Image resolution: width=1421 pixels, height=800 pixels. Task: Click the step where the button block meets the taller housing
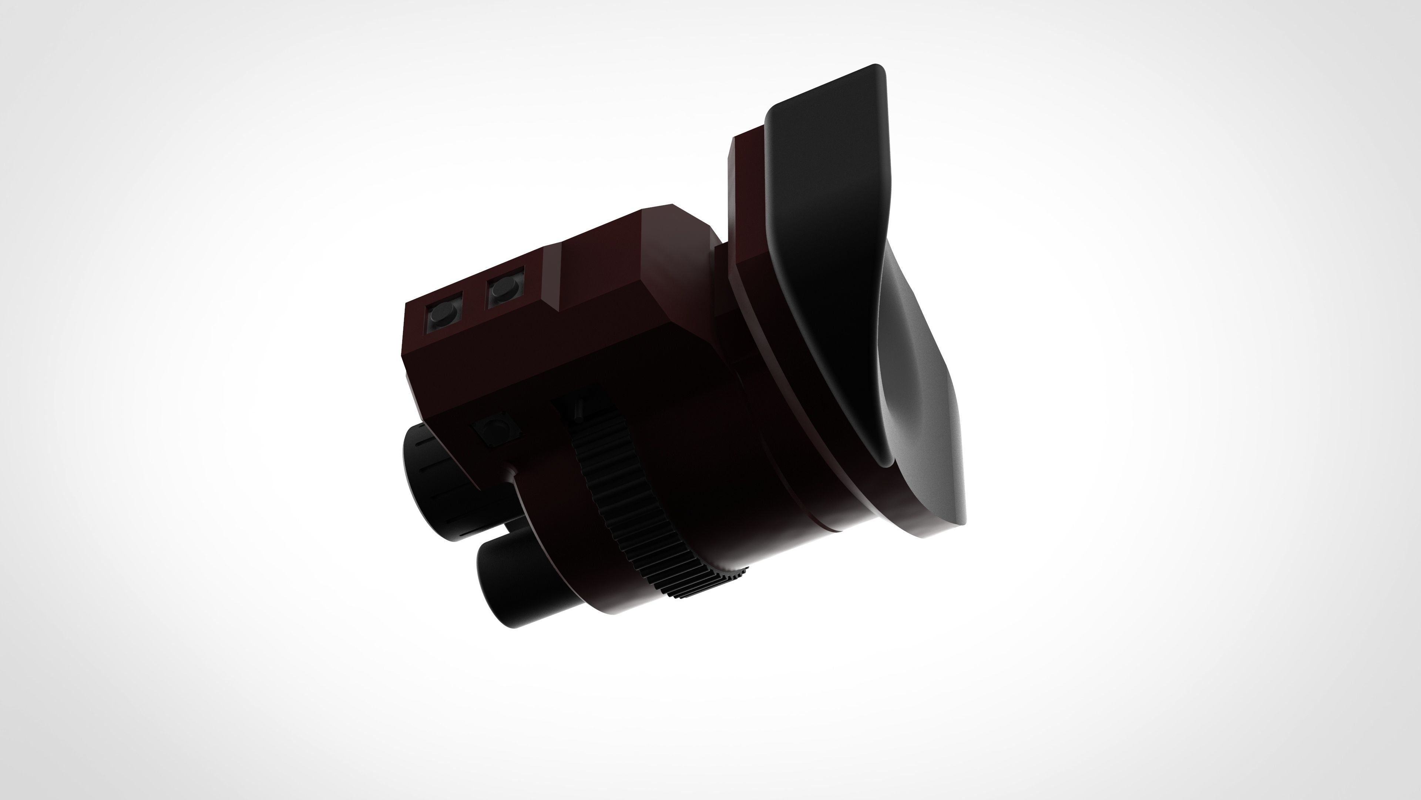[552, 276]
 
